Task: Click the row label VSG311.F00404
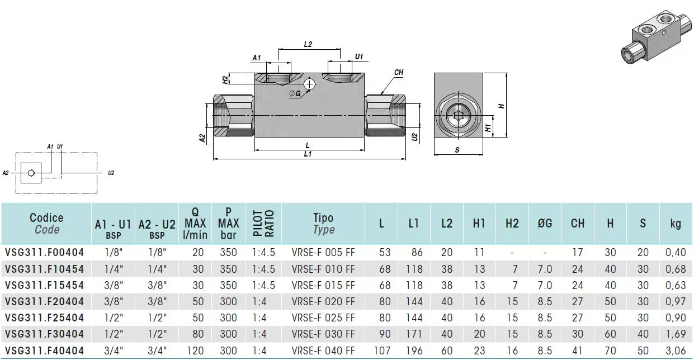click(x=44, y=253)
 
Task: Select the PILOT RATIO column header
click(x=263, y=224)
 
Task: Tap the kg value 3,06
click(x=676, y=350)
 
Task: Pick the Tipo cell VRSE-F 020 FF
click(x=323, y=301)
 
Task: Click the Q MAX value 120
click(x=195, y=350)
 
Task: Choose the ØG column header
click(x=545, y=223)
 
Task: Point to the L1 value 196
click(x=414, y=350)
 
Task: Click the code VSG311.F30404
click(x=44, y=334)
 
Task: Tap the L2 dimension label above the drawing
click(x=308, y=44)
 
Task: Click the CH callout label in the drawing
click(x=399, y=72)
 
